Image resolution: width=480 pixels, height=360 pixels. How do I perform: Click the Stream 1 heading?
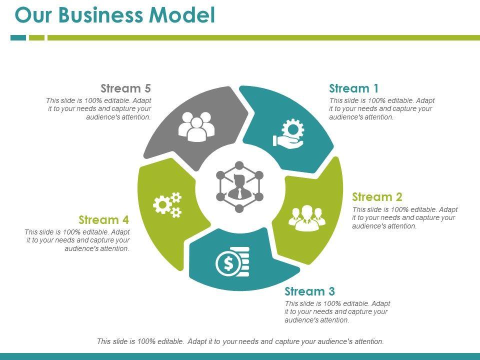354,88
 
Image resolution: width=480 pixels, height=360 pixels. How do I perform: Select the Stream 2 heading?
377,197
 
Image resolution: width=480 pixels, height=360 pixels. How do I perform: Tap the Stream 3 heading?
310,291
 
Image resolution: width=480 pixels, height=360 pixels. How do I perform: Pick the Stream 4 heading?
104,220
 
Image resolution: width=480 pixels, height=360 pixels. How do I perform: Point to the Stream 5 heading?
126,88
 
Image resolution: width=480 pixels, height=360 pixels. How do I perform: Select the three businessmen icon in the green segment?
307,218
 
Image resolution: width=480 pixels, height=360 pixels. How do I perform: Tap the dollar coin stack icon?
232,261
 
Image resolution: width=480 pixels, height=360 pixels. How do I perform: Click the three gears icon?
167,205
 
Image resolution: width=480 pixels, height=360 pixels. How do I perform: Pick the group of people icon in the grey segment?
196,126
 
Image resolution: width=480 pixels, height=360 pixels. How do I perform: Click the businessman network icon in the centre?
239,187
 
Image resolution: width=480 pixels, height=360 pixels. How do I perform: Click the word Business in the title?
100,14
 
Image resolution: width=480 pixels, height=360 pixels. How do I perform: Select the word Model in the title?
182,14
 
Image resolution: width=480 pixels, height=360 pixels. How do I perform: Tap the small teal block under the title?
18,37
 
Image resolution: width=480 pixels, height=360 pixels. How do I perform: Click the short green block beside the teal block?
36,37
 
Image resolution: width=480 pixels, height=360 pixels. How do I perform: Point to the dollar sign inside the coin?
228,264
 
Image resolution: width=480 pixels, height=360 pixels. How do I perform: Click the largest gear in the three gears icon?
162,205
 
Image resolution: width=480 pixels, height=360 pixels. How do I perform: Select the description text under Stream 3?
337,312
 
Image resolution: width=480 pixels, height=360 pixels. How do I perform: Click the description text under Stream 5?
98,108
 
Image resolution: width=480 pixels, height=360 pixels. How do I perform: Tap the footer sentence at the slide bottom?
240,341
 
